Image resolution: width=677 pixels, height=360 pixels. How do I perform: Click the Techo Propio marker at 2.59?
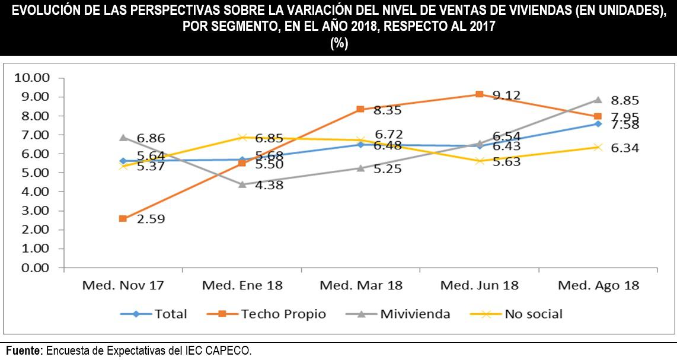[123, 218]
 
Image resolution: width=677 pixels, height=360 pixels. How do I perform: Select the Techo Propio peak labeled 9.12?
[479, 94]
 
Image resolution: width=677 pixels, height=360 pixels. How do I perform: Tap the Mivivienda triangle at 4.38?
[242, 184]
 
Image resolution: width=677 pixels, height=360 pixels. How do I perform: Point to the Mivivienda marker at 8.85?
[598, 100]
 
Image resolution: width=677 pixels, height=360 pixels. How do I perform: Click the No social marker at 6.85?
[242, 138]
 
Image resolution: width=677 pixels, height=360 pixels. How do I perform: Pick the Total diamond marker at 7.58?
[598, 123]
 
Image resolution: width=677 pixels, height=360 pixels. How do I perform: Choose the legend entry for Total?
[170, 314]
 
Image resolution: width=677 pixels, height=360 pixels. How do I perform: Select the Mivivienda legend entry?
[415, 314]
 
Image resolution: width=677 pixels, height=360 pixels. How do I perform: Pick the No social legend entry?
[533, 314]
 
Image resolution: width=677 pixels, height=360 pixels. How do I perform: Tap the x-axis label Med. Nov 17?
[123, 285]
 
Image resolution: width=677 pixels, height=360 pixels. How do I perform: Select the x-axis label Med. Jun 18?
[479, 285]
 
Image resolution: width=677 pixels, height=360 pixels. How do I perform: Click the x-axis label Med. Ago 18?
[598, 285]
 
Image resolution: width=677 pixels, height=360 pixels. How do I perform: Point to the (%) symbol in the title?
[338, 43]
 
